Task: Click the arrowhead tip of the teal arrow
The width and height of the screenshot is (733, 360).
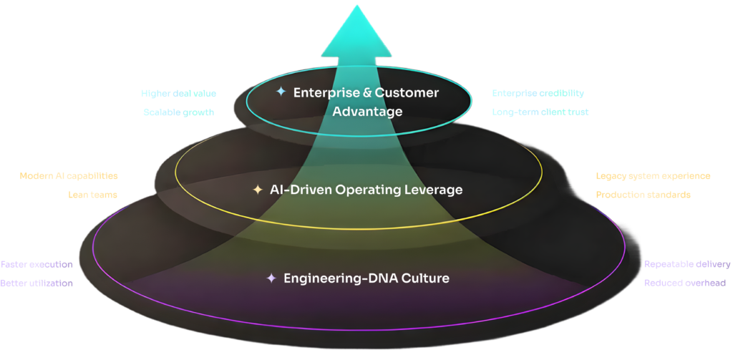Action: click(356, 6)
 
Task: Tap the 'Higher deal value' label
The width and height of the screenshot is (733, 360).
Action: click(178, 94)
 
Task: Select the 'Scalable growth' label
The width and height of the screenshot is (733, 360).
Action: click(178, 112)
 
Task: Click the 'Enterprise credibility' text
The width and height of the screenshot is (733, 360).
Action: click(538, 94)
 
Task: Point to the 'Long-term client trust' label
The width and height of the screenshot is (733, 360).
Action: click(540, 112)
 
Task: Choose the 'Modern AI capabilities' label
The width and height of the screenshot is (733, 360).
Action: click(69, 176)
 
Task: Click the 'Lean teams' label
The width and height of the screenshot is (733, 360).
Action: click(93, 194)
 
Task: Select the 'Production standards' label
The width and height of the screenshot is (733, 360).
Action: click(643, 195)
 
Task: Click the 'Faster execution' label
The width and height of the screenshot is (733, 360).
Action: click(37, 264)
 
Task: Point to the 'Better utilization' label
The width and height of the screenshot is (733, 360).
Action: click(37, 283)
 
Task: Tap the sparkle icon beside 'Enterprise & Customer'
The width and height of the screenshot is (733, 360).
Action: click(281, 92)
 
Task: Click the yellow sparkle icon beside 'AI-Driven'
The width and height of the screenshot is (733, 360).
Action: click(258, 190)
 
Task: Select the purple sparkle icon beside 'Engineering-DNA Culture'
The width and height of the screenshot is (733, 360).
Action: click(271, 278)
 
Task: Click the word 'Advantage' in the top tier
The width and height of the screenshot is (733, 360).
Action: click(367, 112)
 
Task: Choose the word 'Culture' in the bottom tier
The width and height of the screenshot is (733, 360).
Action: click(424, 278)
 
